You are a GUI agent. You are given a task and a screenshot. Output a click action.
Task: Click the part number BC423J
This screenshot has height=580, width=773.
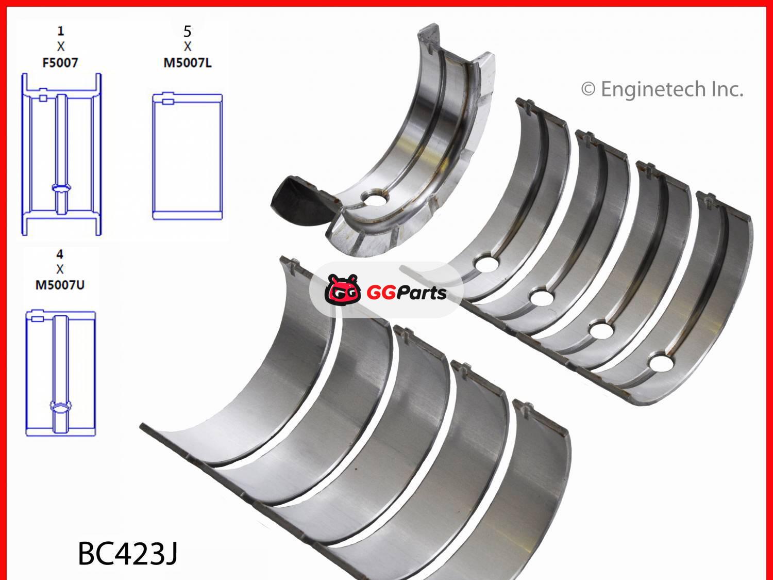coord(128,554)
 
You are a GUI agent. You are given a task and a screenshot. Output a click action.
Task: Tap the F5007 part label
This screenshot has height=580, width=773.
coord(60,63)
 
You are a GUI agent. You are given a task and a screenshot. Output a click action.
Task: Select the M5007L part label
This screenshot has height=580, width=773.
coord(187,63)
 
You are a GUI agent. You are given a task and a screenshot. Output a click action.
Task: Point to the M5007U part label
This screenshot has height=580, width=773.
coord(60,285)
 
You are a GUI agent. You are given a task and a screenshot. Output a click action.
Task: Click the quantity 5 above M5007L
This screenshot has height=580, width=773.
coord(187,31)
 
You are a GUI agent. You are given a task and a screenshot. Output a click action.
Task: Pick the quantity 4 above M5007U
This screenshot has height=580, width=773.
coord(60,254)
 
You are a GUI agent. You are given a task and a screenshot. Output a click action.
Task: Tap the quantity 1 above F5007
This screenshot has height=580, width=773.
coord(60,31)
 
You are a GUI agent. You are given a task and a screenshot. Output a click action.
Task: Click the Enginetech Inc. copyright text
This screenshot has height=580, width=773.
coord(662,89)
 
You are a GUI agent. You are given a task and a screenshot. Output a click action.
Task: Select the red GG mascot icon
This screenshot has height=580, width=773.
coord(342,291)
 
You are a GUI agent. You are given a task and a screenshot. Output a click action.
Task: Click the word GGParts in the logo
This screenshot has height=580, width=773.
coord(406,293)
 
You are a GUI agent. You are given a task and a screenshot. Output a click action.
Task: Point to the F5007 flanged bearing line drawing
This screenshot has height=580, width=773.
coord(61,155)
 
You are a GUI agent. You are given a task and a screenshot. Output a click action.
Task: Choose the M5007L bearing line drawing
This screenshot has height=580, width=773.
coord(187,157)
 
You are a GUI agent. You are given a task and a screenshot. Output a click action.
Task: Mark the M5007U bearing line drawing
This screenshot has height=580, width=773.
coord(60,374)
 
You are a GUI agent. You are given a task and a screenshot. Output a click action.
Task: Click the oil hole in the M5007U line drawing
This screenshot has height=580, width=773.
coord(60,407)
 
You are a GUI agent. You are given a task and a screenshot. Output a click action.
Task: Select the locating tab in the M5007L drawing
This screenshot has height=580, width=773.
coord(167,102)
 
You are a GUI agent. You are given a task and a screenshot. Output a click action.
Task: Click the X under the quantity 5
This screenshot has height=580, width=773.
coord(187,47)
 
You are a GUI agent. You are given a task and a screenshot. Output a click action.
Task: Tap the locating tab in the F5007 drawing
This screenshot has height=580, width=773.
coord(43,98)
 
